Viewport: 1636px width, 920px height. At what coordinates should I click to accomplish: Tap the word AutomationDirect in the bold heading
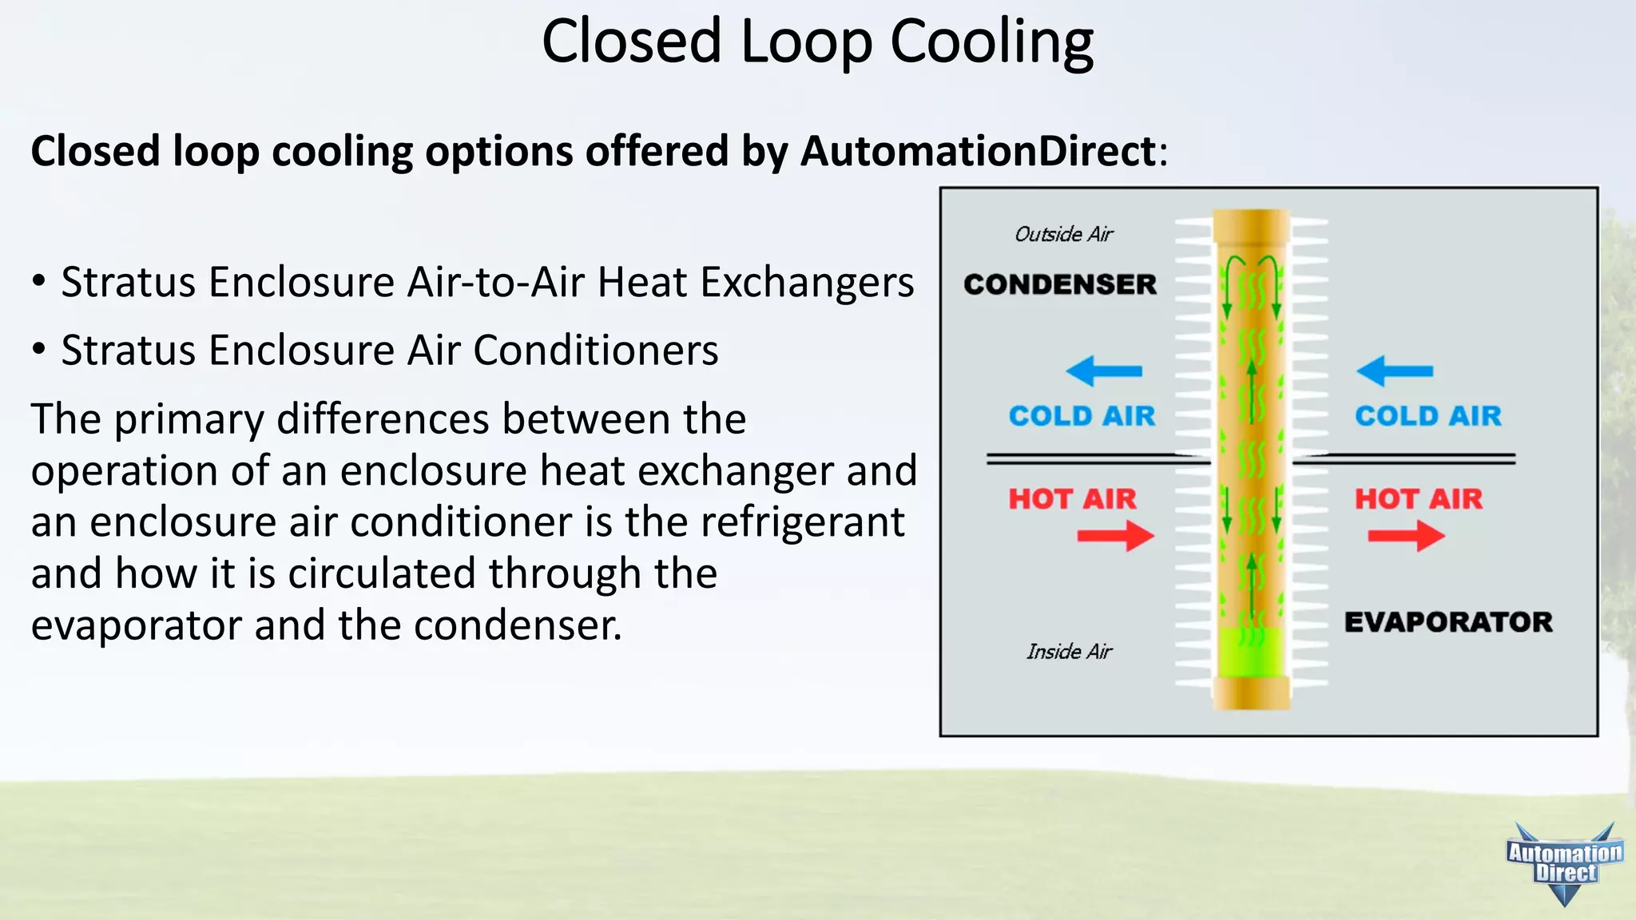[979, 151]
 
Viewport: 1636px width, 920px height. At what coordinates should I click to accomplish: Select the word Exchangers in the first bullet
[807, 283]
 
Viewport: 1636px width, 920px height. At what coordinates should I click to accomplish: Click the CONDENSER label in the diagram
[1059, 284]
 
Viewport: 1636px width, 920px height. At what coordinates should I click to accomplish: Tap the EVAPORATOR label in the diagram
[1447, 622]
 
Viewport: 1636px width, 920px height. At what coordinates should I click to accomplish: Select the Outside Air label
[1063, 234]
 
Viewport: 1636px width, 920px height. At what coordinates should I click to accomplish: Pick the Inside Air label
[1069, 652]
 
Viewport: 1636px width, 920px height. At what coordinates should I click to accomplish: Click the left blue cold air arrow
[1103, 371]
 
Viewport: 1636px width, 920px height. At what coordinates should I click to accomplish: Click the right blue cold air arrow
[1394, 371]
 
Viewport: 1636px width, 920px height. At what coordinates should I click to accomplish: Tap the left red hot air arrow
[1116, 535]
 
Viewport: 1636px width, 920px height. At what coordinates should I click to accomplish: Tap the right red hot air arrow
[1406, 535]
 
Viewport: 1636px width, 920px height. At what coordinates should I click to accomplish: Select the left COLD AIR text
[1082, 416]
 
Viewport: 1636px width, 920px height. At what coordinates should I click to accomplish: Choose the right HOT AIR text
[1418, 499]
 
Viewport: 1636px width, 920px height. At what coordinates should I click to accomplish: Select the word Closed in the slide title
[631, 42]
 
